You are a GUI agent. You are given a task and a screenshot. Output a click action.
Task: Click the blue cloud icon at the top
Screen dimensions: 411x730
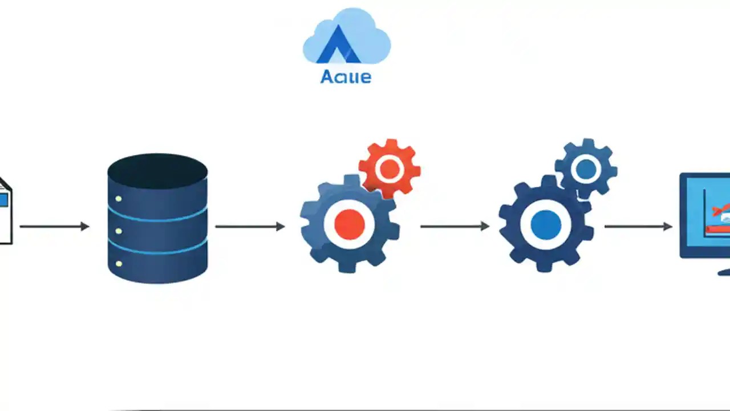point(346,35)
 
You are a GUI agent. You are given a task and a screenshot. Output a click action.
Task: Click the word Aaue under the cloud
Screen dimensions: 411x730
point(346,76)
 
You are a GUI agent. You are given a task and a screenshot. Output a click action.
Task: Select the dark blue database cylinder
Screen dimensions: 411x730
point(157,228)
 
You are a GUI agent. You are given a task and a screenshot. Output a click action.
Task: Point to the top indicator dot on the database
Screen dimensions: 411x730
point(119,199)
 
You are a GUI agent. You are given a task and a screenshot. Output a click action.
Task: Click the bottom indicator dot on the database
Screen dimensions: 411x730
point(119,264)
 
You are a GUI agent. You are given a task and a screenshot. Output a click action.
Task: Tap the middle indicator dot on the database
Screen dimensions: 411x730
point(119,231)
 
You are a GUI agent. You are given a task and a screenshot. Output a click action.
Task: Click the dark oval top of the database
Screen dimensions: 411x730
point(157,170)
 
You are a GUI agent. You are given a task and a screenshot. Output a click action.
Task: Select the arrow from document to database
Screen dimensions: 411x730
point(55,227)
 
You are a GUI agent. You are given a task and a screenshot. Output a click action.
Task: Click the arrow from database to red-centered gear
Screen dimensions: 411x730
point(250,227)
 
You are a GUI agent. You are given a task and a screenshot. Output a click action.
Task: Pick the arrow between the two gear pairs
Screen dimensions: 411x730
point(455,227)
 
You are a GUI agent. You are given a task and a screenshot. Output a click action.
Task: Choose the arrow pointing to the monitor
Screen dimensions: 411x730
point(638,227)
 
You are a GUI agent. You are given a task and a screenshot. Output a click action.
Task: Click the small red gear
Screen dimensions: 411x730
point(390,168)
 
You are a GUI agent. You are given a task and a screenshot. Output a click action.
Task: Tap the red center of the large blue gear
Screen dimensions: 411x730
point(349,224)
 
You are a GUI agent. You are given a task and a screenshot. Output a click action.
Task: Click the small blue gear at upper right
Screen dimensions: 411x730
point(586,168)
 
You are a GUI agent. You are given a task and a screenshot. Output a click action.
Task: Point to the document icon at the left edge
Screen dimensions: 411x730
point(5,211)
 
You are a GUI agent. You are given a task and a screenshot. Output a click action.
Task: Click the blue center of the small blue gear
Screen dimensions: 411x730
point(586,169)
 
